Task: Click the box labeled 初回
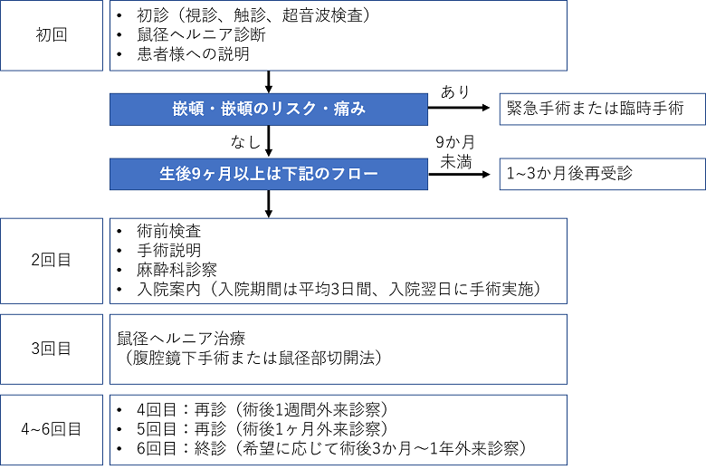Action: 52,35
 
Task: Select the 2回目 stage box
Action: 52,261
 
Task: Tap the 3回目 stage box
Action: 52,349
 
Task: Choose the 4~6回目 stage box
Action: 52,430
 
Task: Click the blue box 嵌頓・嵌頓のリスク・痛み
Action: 269,109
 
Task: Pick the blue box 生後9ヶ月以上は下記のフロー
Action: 269,174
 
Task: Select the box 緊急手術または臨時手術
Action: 603,109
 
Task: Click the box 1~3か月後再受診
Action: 603,174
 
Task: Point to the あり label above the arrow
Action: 455,92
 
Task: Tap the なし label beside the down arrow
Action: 246,142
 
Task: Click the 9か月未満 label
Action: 455,152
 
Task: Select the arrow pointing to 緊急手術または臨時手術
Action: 459,108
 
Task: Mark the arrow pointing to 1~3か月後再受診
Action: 459,175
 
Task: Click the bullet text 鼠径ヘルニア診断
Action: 201,34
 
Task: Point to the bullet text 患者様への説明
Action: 193,54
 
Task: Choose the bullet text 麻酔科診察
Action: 176,270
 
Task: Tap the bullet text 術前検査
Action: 169,231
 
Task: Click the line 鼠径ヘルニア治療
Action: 181,339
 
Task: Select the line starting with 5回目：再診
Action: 262,429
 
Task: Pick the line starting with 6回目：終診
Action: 331,448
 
